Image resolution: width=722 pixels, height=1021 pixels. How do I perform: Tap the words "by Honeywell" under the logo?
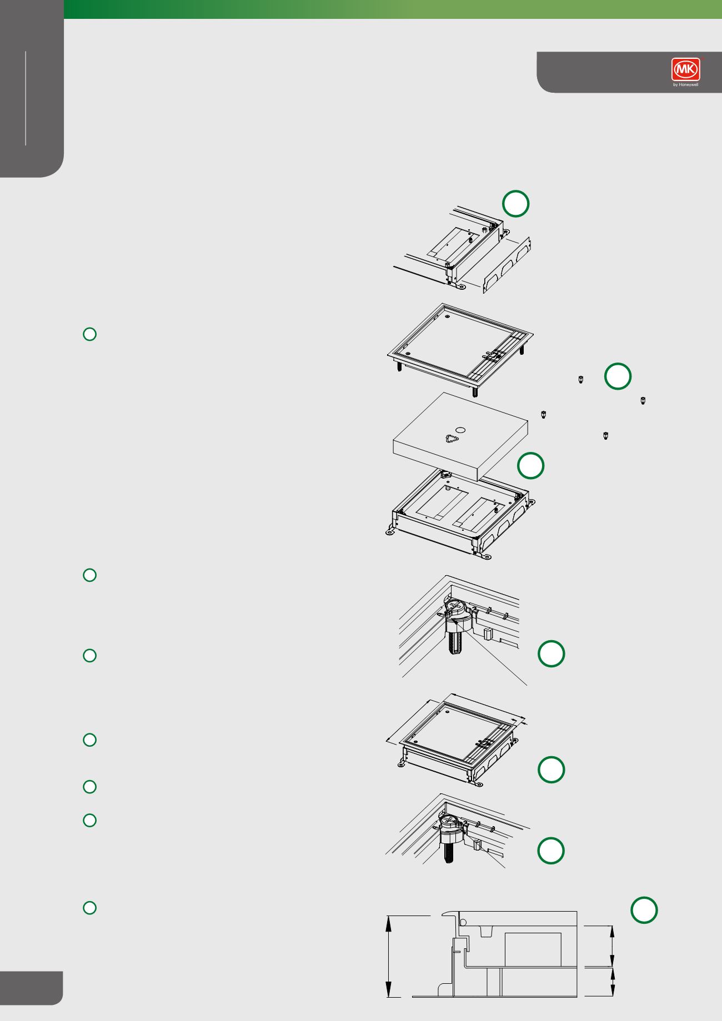point(686,85)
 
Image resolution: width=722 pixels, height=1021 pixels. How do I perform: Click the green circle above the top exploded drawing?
point(515,204)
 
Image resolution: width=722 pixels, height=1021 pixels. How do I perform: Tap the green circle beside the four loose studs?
point(618,376)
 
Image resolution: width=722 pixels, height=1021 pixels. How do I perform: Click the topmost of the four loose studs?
point(580,380)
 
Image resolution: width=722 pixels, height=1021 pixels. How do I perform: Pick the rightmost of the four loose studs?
point(643,400)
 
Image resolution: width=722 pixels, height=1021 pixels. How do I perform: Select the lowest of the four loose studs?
point(606,435)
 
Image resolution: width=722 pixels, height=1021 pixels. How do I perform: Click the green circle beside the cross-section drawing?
point(644,909)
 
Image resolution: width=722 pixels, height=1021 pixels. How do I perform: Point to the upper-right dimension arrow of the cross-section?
point(613,945)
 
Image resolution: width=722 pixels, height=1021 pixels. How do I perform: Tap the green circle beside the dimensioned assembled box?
point(551,769)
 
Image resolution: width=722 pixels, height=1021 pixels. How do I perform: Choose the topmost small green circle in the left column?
point(90,334)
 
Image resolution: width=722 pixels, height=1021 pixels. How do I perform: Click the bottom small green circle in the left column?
point(90,908)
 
